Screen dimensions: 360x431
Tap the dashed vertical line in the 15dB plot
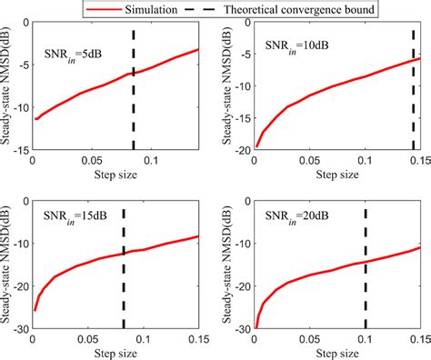(123, 264)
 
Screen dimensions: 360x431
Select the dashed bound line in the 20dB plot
(366, 264)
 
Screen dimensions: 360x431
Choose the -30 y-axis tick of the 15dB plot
(19, 328)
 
